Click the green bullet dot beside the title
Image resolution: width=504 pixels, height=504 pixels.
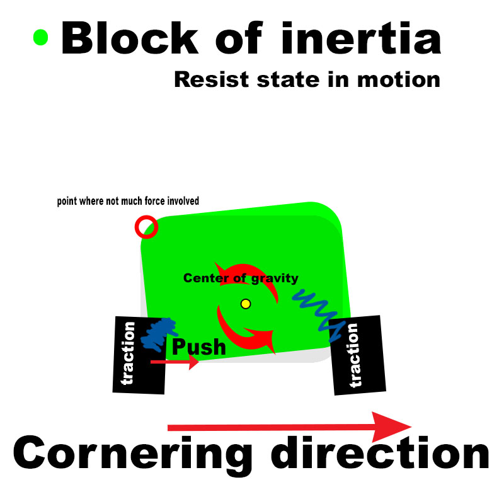pyautogui.click(x=40, y=37)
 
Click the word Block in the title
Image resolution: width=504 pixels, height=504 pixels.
pyautogui.click(x=129, y=38)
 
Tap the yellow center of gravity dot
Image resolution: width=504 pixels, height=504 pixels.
pyautogui.click(x=246, y=304)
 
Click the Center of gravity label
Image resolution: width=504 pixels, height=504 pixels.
pyautogui.click(x=241, y=278)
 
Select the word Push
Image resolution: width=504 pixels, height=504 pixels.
pyautogui.click(x=198, y=346)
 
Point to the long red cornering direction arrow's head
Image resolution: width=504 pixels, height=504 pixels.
pyautogui.click(x=394, y=427)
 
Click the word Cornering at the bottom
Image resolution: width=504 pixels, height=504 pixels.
pyautogui.click(x=133, y=455)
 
